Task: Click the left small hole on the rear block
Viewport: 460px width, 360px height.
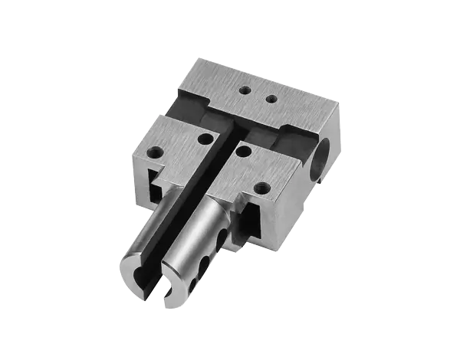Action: coord(245,90)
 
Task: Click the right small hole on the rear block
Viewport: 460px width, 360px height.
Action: coord(270,98)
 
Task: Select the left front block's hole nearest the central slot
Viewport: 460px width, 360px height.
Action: coord(205,139)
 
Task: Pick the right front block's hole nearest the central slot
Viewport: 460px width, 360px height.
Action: coord(244,151)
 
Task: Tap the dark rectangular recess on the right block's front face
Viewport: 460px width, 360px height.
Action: coord(251,222)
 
